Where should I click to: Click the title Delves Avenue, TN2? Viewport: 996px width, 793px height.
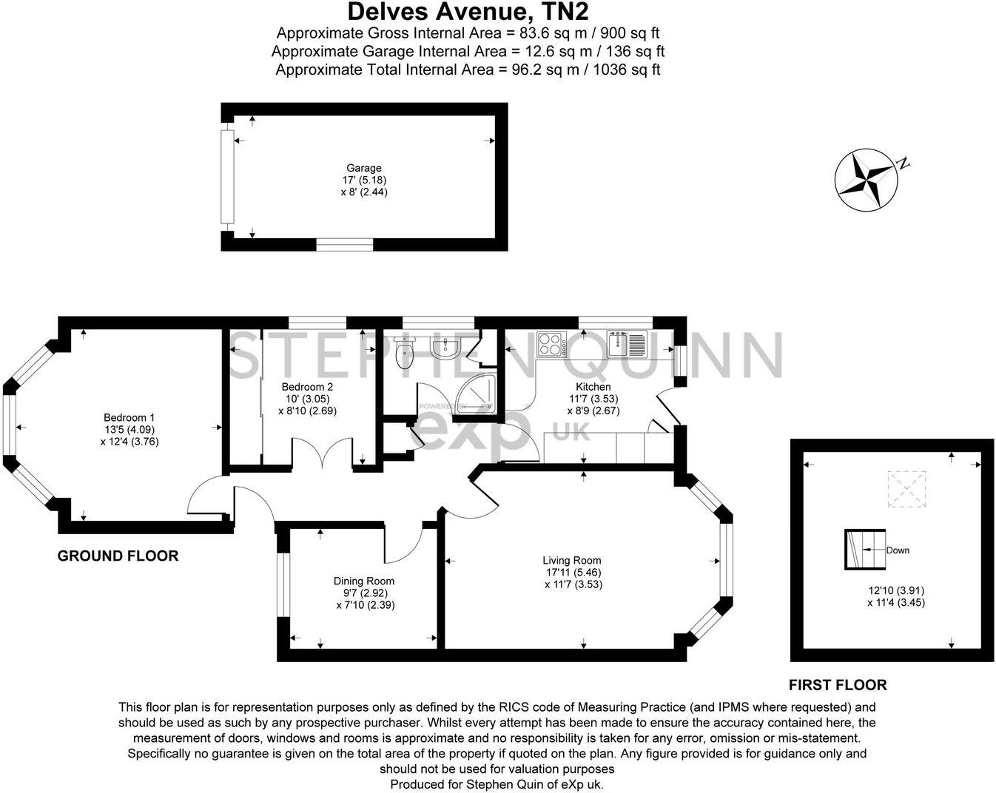pos(468,12)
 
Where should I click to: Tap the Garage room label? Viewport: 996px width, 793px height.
pos(364,168)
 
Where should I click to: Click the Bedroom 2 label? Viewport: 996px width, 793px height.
pos(307,387)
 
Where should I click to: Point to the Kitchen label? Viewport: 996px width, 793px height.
pos(593,387)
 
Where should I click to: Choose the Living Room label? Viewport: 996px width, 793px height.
pos(571,560)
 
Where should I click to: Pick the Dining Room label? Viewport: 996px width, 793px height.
pos(364,581)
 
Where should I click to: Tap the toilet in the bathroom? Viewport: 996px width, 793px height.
pos(404,353)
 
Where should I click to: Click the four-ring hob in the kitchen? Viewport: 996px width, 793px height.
pos(551,343)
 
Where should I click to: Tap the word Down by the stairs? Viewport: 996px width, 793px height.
pos(898,550)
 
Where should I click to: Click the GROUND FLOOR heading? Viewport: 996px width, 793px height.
pos(118,556)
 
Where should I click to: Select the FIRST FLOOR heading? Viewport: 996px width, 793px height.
pos(838,685)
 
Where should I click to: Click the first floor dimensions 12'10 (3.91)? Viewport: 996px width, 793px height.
pos(896,590)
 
